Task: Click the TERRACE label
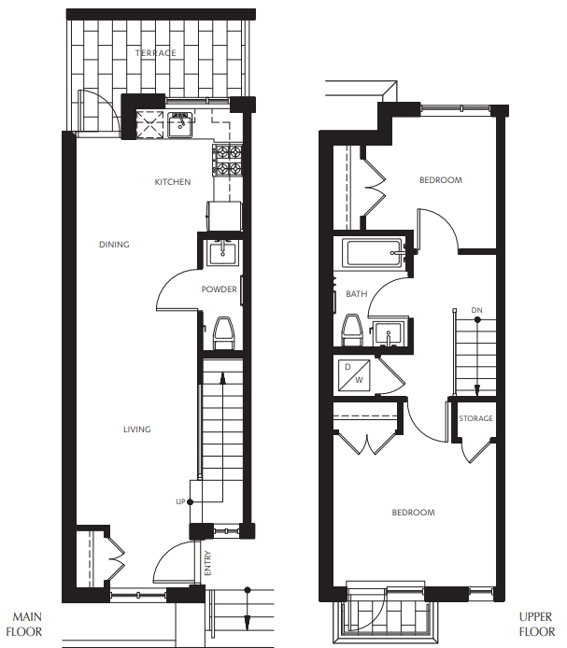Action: pyautogui.click(x=155, y=53)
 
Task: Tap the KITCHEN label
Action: pyautogui.click(x=173, y=182)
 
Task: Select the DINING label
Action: pyautogui.click(x=114, y=245)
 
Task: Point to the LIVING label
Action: pyautogui.click(x=137, y=430)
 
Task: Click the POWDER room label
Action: pyautogui.click(x=220, y=289)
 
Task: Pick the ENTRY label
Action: pyautogui.click(x=207, y=563)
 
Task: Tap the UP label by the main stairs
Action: pyautogui.click(x=180, y=501)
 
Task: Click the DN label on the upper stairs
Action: pyautogui.click(x=476, y=309)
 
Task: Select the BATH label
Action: pyautogui.click(x=357, y=294)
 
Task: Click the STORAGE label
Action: pyautogui.click(x=475, y=418)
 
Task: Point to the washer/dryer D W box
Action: pyautogui.click(x=357, y=374)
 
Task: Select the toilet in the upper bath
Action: pyautogui.click(x=352, y=331)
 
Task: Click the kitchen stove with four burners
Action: pyautogui.click(x=228, y=161)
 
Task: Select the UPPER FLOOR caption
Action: pyautogui.click(x=537, y=625)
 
